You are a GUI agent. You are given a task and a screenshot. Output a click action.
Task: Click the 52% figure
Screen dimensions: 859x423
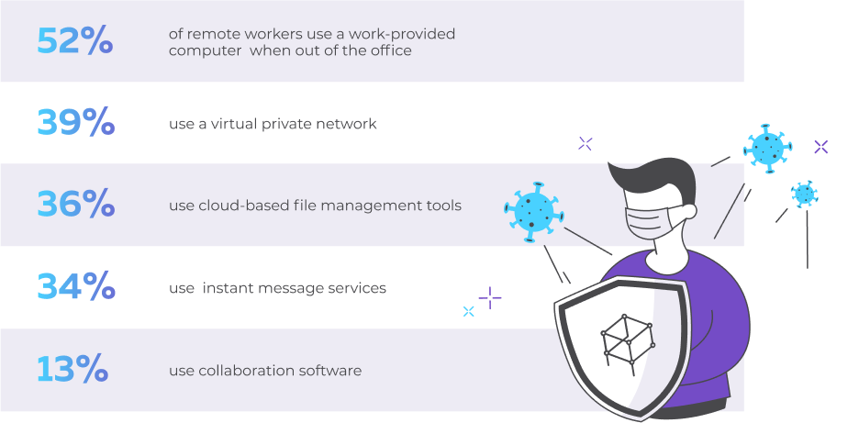tap(75, 40)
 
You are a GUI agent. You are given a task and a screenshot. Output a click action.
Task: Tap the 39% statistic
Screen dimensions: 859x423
tap(75, 122)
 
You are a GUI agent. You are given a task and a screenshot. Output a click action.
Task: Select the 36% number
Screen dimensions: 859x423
tap(75, 205)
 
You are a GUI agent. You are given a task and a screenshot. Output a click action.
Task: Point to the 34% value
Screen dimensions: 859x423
tap(75, 286)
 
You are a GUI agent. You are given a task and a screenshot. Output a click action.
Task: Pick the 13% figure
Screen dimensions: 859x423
tap(73, 369)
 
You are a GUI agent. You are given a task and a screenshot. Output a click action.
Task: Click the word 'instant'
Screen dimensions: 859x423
tap(227, 288)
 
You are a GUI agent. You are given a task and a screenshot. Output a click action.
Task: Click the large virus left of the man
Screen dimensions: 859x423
tap(533, 211)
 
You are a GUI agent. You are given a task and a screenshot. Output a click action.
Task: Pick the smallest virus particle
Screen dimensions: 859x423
tap(804, 194)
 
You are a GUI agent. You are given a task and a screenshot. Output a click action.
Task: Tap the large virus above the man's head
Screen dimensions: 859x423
tap(767, 148)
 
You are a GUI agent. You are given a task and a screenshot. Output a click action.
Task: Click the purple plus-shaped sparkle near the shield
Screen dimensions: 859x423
tap(490, 297)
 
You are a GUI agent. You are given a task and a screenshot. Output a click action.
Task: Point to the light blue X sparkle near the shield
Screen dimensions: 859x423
tap(468, 311)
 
